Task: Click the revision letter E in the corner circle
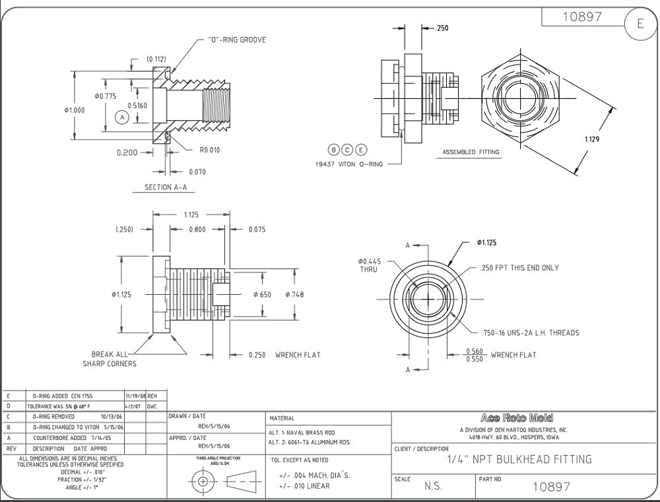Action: (640, 24)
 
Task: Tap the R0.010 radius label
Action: (210, 150)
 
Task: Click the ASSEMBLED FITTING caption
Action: (471, 152)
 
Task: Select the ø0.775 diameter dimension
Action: (106, 96)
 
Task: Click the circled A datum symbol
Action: (121, 117)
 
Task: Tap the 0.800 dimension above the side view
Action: (197, 229)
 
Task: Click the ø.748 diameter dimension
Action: (294, 294)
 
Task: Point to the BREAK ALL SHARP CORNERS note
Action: (110, 359)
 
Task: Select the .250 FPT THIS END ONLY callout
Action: (519, 268)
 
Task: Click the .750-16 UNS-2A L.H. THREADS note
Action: (529, 332)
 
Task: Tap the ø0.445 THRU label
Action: (370, 265)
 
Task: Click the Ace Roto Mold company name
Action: (517, 418)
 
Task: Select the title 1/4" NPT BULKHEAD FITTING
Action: (519, 459)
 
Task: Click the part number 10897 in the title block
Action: (551, 487)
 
